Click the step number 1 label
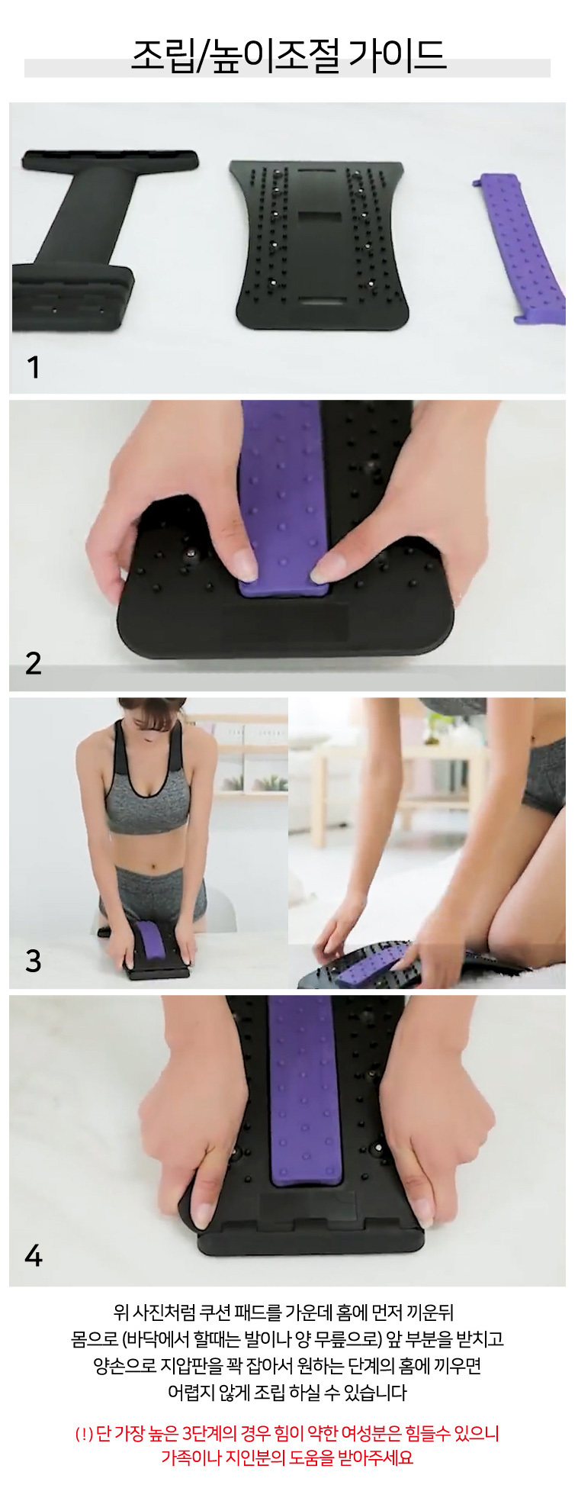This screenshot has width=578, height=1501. pyautogui.click(x=33, y=368)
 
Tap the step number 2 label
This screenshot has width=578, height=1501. pyautogui.click(x=33, y=663)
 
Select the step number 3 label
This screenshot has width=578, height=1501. pyautogui.click(x=33, y=960)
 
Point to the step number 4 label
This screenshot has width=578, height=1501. pyautogui.click(x=33, y=1255)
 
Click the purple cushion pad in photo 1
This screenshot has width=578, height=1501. pyautogui.click(x=522, y=249)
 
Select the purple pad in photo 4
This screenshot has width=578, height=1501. pyautogui.click(x=307, y=1091)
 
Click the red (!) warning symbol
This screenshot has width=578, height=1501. pyautogui.click(x=84, y=1434)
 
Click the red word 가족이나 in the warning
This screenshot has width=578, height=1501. pyautogui.click(x=191, y=1457)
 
